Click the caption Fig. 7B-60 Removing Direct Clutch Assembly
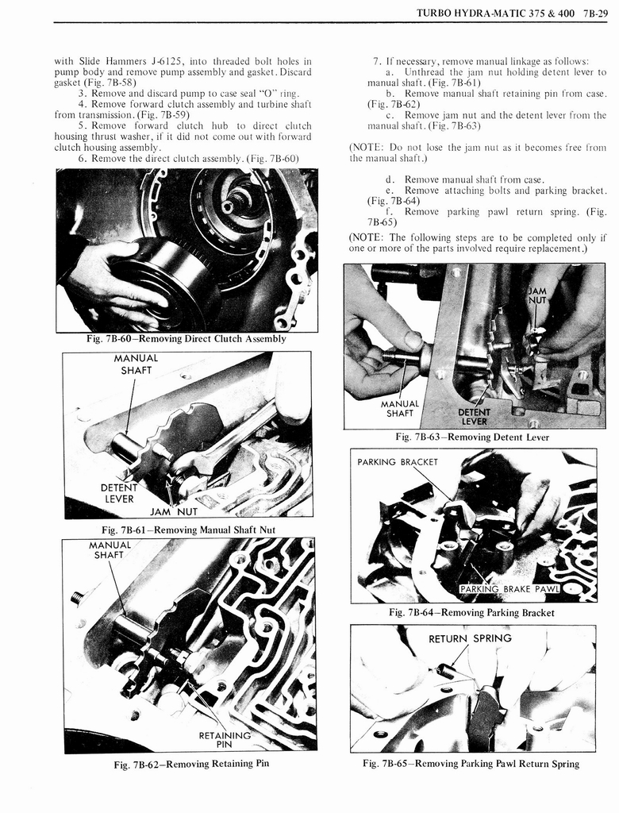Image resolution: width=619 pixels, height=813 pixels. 186,339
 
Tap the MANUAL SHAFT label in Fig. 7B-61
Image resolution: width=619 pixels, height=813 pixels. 136,364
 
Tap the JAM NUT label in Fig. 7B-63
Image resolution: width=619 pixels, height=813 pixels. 538,295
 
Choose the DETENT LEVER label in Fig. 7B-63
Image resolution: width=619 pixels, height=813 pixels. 474,416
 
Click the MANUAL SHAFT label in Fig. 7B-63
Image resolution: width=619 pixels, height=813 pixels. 399,408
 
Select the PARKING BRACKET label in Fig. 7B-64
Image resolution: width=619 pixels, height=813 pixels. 397,462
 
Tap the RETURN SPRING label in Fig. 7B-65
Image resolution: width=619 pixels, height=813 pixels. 470,638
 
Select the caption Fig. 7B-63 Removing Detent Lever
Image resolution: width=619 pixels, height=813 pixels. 471,437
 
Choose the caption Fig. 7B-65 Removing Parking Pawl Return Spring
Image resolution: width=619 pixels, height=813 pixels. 471,764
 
